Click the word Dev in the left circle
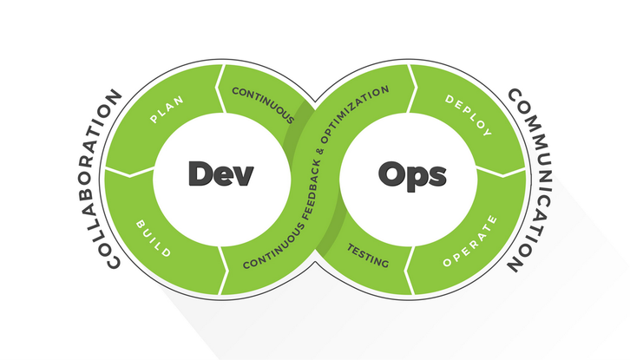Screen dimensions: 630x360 tap(221, 173)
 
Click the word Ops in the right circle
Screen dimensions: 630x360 tap(412, 175)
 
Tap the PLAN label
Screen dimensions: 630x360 tap(167, 109)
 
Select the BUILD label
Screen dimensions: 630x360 tap(154, 239)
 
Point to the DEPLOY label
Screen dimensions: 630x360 tap(469, 115)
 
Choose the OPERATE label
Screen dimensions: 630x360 tap(470, 241)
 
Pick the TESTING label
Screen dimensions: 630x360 tap(368, 256)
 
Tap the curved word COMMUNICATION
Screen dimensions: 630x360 tap(528, 180)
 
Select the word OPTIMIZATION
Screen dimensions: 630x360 tap(352, 114)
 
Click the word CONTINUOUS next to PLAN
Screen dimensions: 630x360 tap(263, 105)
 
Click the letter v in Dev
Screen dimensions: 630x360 tap(244, 177)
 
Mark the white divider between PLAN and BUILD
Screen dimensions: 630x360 tap(130, 172)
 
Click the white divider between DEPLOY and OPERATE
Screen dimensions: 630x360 tap(501, 172)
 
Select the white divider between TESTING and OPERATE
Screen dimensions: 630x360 tap(409, 270)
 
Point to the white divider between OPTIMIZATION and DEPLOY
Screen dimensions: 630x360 tap(412, 88)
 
